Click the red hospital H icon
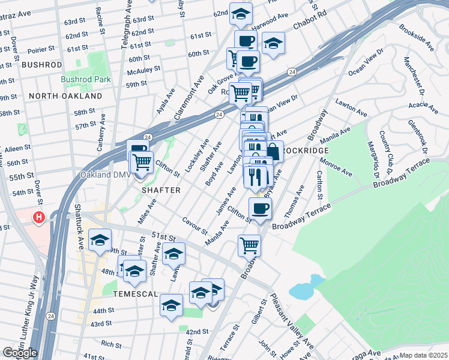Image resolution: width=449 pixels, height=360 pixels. point(40,217)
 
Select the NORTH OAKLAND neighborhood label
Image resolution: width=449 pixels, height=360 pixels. point(65,96)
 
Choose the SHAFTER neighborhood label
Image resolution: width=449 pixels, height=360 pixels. point(161,190)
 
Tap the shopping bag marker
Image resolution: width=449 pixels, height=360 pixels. point(273,151)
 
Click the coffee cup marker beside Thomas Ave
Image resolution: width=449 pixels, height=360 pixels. point(260,208)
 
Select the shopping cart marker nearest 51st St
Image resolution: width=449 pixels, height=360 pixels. point(249,244)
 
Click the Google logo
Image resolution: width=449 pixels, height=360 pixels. point(20,353)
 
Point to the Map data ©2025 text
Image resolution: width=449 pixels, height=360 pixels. point(424,355)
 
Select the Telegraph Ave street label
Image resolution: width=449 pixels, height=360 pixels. point(127,24)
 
